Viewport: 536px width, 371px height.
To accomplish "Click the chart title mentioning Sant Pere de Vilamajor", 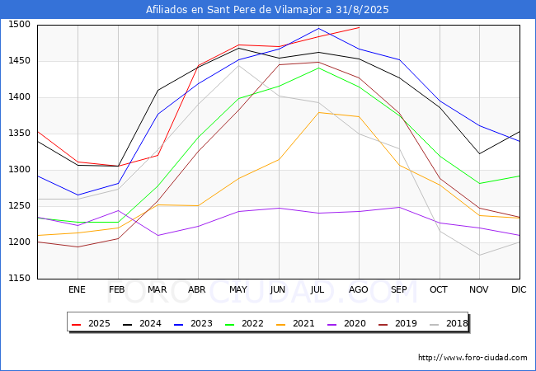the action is click(267, 10).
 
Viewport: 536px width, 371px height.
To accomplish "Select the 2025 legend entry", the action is click(91, 323).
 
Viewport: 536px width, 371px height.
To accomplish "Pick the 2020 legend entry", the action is click(346, 323).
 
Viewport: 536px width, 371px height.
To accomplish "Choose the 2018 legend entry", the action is click(449, 323).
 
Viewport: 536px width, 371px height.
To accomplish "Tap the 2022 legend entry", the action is click(244, 323).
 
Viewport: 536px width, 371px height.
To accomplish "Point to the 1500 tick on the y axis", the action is click(20, 24).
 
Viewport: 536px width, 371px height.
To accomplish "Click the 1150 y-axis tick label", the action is click(20, 278).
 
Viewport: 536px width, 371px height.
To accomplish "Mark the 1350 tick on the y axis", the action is click(20, 134).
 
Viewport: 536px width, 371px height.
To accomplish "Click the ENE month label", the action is click(77, 289).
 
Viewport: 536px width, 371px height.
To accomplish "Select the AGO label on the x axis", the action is click(358, 289).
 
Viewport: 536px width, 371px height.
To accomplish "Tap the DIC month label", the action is click(519, 289).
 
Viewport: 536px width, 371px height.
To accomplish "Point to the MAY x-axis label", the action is click(238, 289).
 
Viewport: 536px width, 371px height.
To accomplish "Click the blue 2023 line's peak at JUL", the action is click(319, 28).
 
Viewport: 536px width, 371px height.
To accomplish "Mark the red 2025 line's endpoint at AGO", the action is click(359, 27).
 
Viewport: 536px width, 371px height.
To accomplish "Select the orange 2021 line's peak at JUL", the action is click(319, 112).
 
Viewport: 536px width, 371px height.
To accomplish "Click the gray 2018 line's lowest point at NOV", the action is click(480, 256).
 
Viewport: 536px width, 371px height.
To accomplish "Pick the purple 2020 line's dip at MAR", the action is click(158, 235).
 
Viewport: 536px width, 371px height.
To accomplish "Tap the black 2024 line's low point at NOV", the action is click(480, 153).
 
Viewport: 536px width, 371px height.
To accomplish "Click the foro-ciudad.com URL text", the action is click(473, 357).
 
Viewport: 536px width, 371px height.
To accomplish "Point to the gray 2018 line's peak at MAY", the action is click(238, 65).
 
